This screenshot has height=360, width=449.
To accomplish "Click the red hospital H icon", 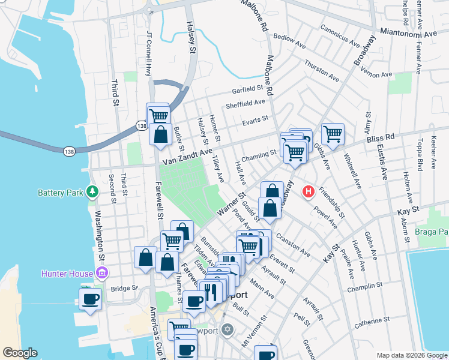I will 309,192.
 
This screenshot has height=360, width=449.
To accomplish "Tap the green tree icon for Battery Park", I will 92,192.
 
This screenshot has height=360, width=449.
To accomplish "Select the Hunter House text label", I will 67,274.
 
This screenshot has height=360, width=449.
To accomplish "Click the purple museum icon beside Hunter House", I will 101,274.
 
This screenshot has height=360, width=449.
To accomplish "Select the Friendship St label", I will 331,203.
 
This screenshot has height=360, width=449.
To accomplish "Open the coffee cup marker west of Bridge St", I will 91,298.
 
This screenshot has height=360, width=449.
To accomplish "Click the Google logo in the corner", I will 20,353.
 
